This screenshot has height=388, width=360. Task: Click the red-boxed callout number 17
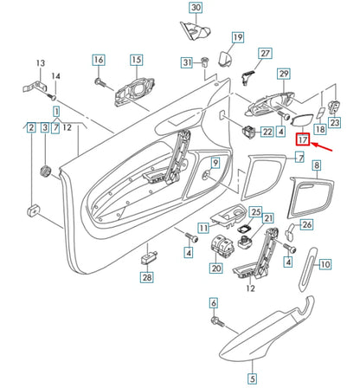pos(303,139)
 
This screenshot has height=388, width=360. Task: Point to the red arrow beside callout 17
pos(322,147)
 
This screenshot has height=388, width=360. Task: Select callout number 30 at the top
pos(196,8)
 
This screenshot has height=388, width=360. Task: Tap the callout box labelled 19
pos(238,37)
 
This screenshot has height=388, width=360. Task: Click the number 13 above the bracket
pos(41,63)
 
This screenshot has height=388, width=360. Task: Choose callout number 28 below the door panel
pos(147,277)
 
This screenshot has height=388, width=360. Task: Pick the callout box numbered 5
pos(253,378)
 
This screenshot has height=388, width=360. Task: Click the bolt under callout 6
pos(218,321)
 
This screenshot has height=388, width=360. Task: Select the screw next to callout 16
pos(101,83)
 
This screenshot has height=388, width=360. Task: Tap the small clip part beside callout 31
pos(204,61)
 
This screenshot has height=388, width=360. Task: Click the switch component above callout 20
pos(222,245)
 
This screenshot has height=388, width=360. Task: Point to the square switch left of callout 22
pos(248,132)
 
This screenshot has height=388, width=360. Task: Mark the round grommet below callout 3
pos(45,171)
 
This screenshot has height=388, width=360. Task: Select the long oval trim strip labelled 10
pos(307,269)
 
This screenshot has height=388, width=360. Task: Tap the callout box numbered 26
pos(306,224)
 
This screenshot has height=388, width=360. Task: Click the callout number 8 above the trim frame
pos(317,165)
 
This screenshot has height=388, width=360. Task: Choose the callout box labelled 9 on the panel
pos(215,163)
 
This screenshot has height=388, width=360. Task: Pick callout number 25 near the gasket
pos(256,212)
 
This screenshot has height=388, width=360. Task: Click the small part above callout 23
pos(335,107)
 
